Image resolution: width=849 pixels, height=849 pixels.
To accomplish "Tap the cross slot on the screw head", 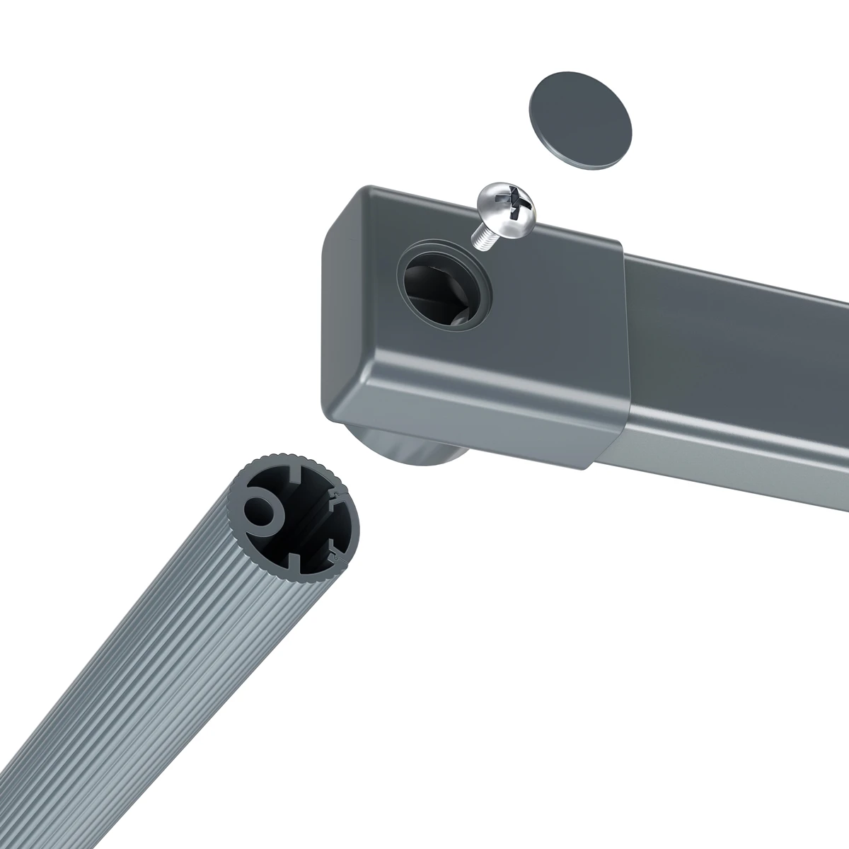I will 522,208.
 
